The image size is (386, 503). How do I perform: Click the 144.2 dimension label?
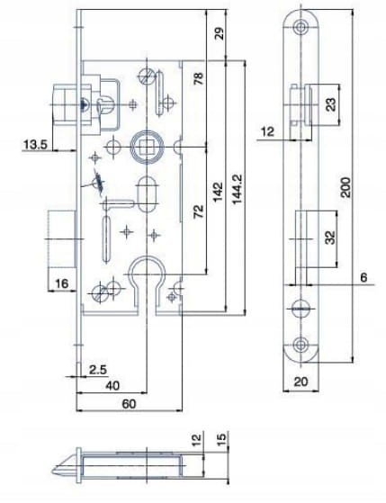238,189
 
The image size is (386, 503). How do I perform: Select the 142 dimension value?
218,192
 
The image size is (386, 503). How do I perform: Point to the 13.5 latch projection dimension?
35,144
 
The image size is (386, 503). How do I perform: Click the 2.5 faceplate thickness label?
98,370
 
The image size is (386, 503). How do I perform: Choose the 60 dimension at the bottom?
129,403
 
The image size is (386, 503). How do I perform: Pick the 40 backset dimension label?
112,385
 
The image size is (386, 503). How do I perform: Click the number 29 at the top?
220,33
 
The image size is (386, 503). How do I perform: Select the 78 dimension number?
199,78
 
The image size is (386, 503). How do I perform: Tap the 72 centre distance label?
199,211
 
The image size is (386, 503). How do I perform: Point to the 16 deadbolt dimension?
61,283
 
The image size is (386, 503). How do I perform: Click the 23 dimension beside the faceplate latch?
331,104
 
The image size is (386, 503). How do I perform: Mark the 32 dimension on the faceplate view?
330,238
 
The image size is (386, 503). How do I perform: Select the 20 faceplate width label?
301,382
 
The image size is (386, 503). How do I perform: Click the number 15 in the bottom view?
221,438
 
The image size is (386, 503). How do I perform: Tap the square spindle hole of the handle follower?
147,148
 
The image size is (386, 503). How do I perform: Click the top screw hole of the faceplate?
301,27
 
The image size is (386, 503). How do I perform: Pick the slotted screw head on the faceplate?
301,309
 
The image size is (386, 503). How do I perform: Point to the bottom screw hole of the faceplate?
301,345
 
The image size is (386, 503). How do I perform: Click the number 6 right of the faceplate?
364,277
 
